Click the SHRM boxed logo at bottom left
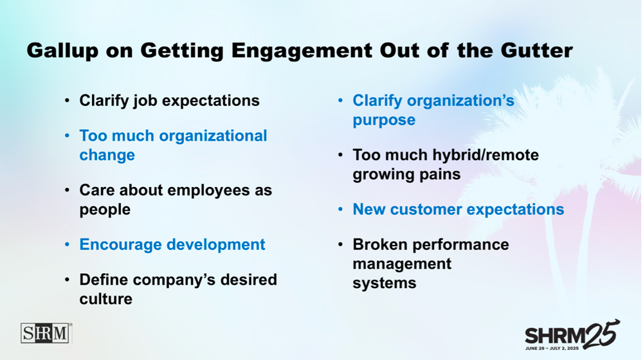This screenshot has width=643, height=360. pos(46,333)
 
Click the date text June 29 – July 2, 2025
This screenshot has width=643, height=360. pos(552,348)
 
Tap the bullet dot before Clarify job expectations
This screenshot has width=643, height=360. pos(67,100)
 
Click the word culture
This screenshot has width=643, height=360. pos(106,298)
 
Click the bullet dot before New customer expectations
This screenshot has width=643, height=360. pos(340,210)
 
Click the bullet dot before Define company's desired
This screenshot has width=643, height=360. pos(67,280)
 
